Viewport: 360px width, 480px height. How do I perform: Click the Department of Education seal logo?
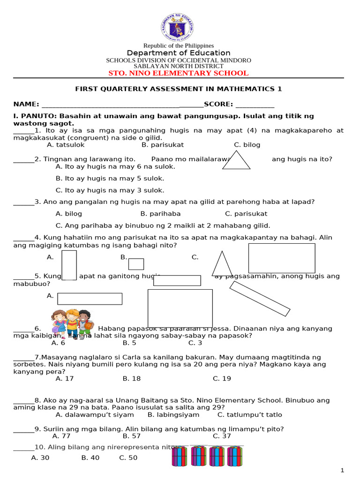(x=178, y=28)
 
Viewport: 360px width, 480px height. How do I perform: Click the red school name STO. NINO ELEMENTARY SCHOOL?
(x=178, y=73)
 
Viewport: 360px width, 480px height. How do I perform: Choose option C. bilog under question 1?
(x=247, y=145)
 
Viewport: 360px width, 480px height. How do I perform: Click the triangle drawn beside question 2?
(x=236, y=160)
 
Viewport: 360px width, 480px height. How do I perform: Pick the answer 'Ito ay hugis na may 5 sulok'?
(x=110, y=179)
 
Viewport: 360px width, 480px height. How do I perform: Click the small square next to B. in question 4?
(x=136, y=264)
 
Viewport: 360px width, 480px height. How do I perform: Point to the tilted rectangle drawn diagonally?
(x=260, y=299)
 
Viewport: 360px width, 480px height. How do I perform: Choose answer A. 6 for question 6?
(x=59, y=343)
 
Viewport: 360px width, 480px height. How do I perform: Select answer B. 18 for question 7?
(x=132, y=379)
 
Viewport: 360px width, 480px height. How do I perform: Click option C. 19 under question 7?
(x=222, y=379)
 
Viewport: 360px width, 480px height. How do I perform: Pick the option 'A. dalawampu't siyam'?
(x=94, y=415)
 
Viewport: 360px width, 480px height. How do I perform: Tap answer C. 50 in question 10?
(x=128, y=458)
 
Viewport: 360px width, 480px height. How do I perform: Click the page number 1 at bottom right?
(x=342, y=470)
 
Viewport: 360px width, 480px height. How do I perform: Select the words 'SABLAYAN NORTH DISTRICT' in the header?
(x=178, y=67)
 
